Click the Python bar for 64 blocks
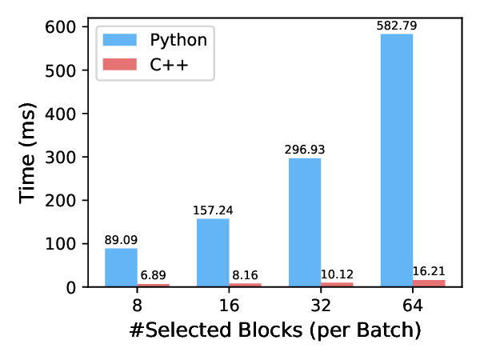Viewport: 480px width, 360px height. coord(397,160)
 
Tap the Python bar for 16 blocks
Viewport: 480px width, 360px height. coord(213,252)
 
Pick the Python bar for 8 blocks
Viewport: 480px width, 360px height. coord(121,267)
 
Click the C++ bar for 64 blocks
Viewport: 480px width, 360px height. coord(429,283)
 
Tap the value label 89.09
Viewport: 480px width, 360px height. coord(121,240)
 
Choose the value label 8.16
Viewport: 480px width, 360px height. coord(246,276)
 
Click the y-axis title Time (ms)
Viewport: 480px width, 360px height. coord(30,157)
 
